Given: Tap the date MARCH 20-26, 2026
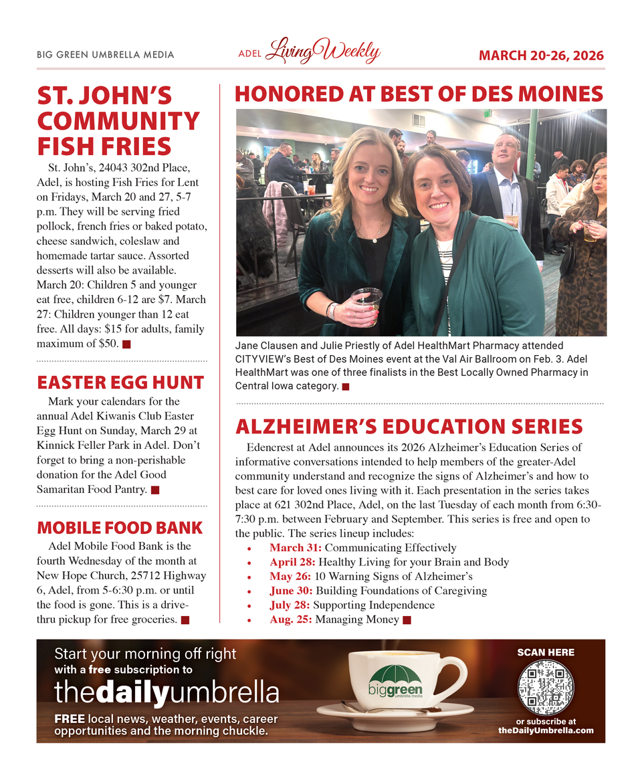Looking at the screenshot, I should click(541, 56).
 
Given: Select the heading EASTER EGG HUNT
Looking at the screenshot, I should click(120, 383).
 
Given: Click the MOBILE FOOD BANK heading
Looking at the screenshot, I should click(120, 528).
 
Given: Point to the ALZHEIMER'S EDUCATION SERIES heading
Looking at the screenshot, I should click(409, 426).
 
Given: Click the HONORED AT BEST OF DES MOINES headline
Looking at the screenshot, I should click(419, 94).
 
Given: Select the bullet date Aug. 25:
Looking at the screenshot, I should click(291, 619).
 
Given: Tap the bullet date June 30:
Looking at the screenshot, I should click(291, 591).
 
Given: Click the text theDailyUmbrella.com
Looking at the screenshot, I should click(546, 730).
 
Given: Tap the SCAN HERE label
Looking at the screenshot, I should click(546, 652).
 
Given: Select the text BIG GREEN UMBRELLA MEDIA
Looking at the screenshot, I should click(106, 55).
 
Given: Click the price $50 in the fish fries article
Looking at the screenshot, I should click(107, 344).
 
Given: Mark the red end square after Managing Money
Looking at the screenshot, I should click(407, 620).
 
